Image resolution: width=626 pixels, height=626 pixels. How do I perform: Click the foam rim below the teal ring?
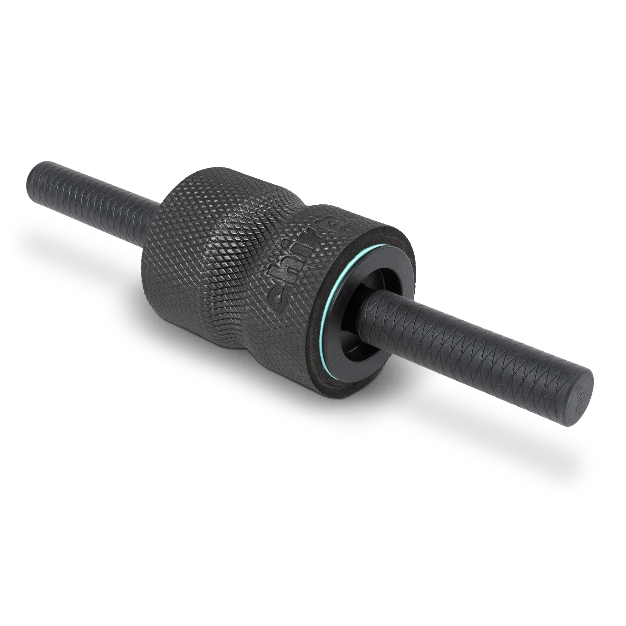(324, 379)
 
